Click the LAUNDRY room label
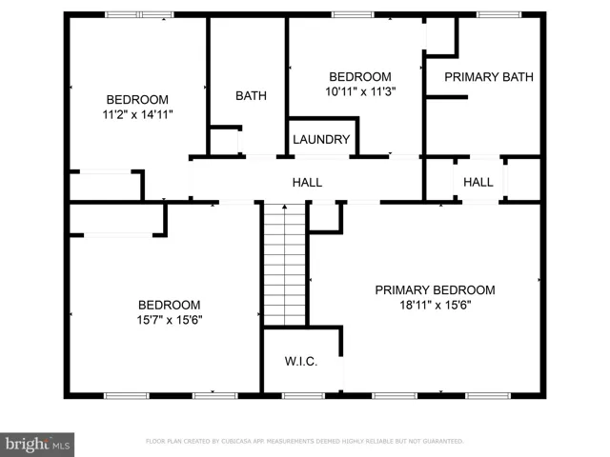pos(321,140)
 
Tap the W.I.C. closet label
pos(301,362)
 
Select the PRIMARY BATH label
pos(489,77)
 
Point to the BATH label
pos(251,95)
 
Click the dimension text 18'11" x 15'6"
pos(436,305)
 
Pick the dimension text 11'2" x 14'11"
pos(137,115)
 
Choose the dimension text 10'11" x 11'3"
pos(360,92)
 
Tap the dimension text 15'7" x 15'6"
pos(170,320)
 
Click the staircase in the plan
pos(285,265)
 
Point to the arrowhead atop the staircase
pos(285,207)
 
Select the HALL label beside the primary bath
pos(478,182)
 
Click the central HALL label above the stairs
pos(307,183)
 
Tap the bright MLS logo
pos(37,445)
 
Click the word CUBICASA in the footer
pos(237,442)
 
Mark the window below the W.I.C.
pos(303,396)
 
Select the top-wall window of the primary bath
pos(498,15)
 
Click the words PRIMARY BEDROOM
pos(435,290)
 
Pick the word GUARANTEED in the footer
pos(442,442)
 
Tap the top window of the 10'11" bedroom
pos(353,15)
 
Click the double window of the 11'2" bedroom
pos(140,15)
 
